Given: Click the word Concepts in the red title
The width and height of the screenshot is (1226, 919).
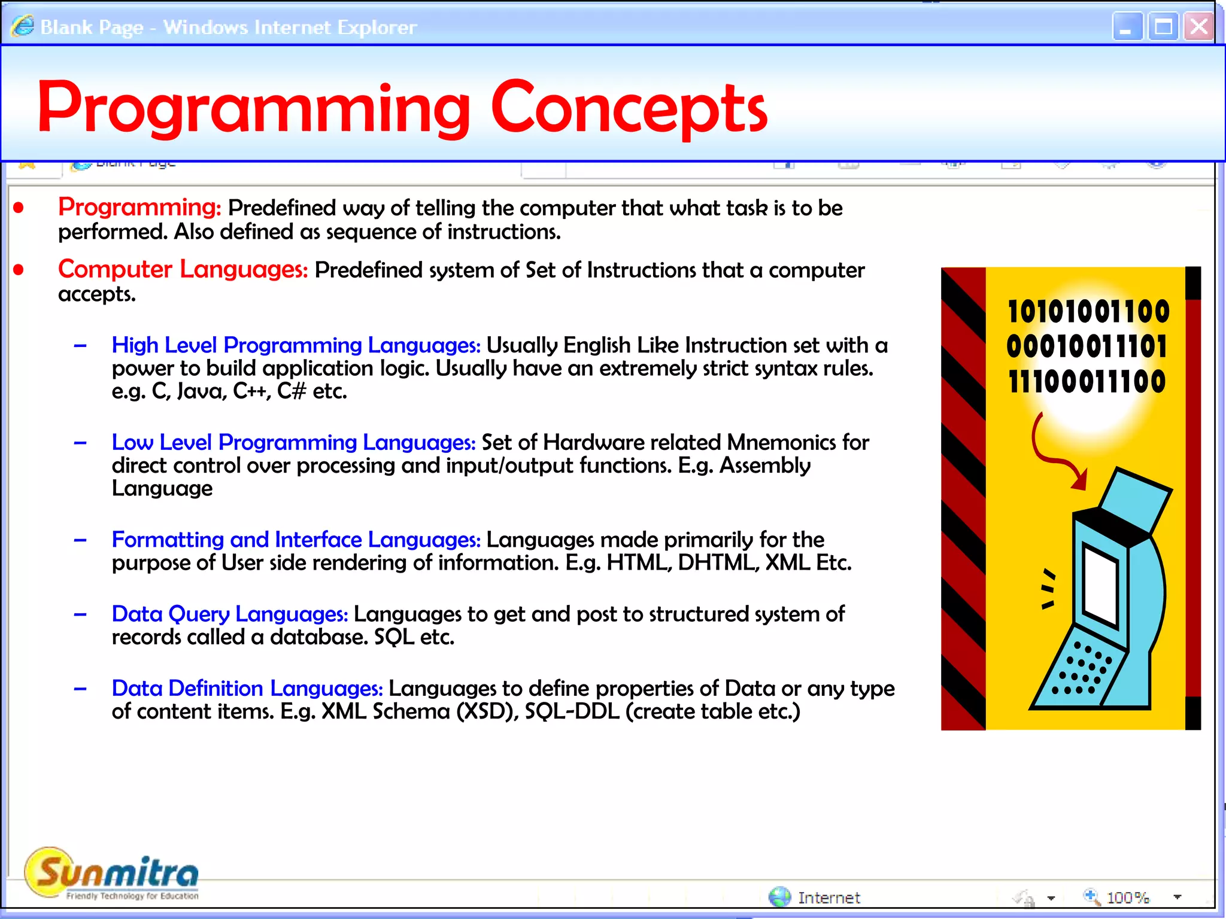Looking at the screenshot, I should tap(629, 108).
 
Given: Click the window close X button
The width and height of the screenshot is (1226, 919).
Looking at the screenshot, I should tap(1199, 27).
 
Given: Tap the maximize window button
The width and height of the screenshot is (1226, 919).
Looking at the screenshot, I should tap(1163, 27).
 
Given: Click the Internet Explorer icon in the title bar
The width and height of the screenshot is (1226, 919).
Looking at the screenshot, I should tap(23, 26).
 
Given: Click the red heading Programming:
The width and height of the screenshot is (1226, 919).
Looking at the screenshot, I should tap(139, 207).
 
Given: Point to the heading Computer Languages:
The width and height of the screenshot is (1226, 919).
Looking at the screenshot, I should tap(183, 269).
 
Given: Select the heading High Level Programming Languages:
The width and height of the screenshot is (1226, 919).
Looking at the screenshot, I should tap(296, 345).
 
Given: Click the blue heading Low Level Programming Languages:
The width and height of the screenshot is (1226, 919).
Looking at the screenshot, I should tap(293, 442).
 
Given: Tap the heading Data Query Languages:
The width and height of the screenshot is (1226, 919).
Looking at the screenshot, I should tap(230, 614).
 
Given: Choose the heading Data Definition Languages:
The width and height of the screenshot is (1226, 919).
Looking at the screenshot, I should tap(247, 688).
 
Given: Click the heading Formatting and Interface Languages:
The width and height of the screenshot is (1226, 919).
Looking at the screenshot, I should tap(296, 540).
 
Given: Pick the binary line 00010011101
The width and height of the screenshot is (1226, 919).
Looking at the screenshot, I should tap(1087, 346).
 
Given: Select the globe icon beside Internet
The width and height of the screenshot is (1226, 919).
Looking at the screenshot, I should tap(779, 897).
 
